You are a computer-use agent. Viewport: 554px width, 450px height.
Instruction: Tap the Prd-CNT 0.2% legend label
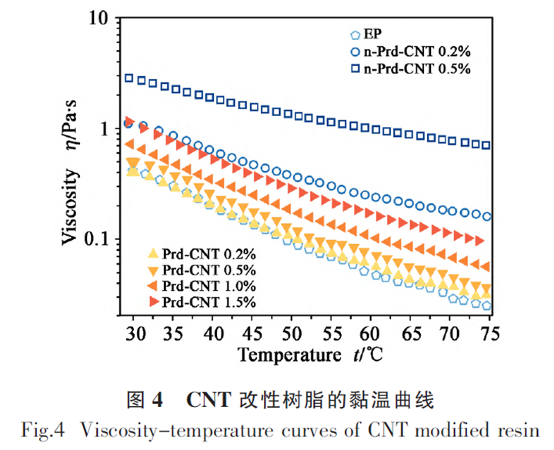pyautogui.click(x=207, y=253)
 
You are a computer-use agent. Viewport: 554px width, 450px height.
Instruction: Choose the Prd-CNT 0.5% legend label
pyautogui.click(x=207, y=269)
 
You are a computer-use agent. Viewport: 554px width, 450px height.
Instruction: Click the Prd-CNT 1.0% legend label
pyautogui.click(x=207, y=285)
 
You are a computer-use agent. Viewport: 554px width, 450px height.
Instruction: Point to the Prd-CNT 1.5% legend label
pyautogui.click(x=207, y=302)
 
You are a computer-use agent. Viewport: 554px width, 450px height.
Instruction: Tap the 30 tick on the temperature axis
pyautogui.click(x=135, y=333)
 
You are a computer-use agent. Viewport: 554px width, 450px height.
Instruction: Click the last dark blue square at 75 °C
pyautogui.click(x=486, y=145)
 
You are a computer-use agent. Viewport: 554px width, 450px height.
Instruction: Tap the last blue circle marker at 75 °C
pyautogui.click(x=487, y=216)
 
